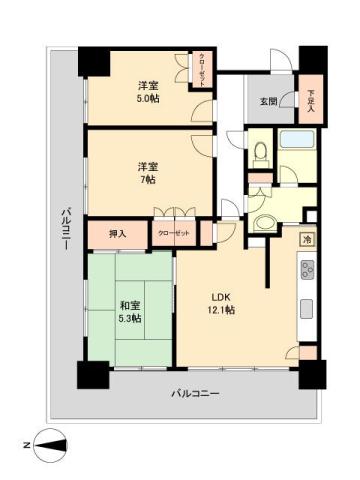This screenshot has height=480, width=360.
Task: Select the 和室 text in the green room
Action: click(130, 305)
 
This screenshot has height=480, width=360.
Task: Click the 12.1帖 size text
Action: click(222, 311)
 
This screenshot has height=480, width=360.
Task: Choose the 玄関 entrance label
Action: click(269, 100)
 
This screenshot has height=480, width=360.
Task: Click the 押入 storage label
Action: click(118, 234)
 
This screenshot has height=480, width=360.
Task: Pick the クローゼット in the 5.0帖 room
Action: click(203, 71)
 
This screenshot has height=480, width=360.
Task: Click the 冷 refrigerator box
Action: click(307, 240)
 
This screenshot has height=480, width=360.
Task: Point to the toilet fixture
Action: click(260, 153)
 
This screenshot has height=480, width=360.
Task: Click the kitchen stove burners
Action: click(307, 269)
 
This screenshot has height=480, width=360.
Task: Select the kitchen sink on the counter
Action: click(307, 307)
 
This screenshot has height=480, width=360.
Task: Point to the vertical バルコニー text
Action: click(64, 229)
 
